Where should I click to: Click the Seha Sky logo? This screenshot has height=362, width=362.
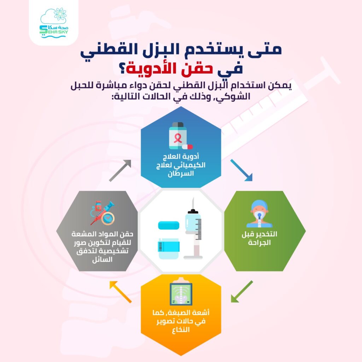click(x=54, y=23)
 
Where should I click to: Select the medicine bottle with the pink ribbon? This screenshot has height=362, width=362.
click(x=177, y=135)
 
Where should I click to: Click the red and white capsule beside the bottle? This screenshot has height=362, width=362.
click(x=187, y=147)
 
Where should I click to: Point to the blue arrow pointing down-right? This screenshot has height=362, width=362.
click(x=241, y=170)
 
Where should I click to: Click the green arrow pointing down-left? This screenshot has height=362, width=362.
click(x=242, y=292)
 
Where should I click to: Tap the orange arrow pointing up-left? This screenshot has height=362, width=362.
click(x=120, y=292)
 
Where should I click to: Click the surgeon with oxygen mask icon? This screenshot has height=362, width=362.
click(x=259, y=214)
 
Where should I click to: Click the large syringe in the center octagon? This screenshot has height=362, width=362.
click(x=193, y=229)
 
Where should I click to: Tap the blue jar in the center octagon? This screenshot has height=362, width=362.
click(x=169, y=249)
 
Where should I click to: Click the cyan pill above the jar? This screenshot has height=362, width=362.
click(x=169, y=225)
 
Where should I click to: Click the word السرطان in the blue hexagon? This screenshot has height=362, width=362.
click(x=181, y=174)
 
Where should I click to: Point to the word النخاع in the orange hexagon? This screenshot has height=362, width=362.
click(x=181, y=329)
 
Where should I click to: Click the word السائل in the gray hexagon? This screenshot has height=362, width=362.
click(x=102, y=259)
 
